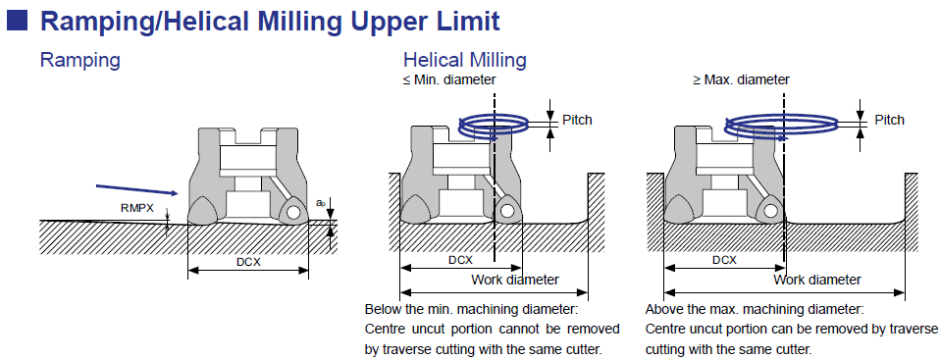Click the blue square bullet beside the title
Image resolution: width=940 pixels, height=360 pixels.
click(17, 22)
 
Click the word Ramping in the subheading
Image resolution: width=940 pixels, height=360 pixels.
click(79, 61)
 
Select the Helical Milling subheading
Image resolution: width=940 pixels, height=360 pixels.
click(465, 60)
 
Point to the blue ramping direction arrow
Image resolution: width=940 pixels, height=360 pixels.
click(137, 189)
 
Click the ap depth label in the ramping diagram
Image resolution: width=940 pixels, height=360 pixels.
click(320, 203)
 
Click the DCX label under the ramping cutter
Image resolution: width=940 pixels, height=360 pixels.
click(248, 262)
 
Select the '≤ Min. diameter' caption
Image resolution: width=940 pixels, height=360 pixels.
click(449, 79)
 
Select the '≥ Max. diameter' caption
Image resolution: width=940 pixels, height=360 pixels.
click(741, 79)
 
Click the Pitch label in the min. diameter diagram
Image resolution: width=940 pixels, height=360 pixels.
click(577, 120)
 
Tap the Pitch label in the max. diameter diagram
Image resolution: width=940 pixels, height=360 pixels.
click(889, 120)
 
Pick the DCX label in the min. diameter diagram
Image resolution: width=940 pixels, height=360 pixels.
click(460, 260)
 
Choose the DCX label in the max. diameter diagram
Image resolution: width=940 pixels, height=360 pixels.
click(724, 260)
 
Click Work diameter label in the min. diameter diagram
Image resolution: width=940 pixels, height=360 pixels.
click(515, 280)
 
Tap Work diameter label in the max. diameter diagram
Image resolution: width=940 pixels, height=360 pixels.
click(817, 280)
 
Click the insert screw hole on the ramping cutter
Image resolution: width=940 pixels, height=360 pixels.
click(293, 212)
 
